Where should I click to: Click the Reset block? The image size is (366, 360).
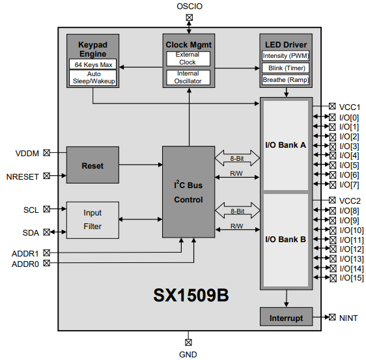click(x=92, y=165)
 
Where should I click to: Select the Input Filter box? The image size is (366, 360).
click(x=92, y=220)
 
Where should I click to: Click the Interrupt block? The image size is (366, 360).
click(x=286, y=318)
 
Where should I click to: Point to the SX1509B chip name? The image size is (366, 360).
click(x=191, y=295)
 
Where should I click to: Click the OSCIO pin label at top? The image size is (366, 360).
click(x=190, y=7)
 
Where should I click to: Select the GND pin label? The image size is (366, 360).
click(x=188, y=354)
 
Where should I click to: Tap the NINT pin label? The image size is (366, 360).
click(x=348, y=318)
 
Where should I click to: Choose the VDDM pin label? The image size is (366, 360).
click(x=27, y=154)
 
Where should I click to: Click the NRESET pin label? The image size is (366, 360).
click(x=23, y=176)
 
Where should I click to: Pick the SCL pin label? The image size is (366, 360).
click(x=31, y=210)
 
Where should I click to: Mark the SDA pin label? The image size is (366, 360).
click(x=31, y=232)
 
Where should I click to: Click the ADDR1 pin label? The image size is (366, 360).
click(x=25, y=253)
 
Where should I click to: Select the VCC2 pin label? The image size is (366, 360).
click(x=350, y=201)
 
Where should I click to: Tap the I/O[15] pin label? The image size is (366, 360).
click(x=351, y=278)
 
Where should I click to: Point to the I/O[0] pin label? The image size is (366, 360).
click(x=349, y=117)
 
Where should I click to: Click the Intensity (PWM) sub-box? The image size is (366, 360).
click(x=285, y=56)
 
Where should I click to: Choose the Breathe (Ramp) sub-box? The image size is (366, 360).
click(x=285, y=80)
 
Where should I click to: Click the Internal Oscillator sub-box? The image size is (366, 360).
click(x=188, y=77)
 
